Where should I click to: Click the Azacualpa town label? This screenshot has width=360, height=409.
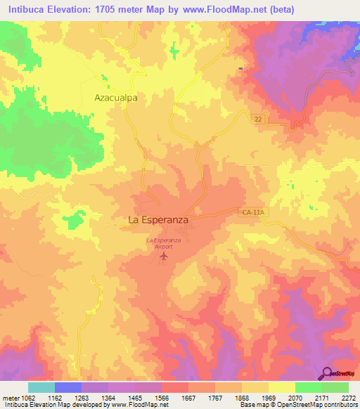(115, 99)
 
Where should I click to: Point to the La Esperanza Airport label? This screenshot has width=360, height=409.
(163, 244)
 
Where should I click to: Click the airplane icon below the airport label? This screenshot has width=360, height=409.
(164, 257)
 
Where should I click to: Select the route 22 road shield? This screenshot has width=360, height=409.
(259, 120)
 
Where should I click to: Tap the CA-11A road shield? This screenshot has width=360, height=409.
(250, 211)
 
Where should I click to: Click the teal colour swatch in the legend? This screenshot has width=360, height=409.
(41, 387)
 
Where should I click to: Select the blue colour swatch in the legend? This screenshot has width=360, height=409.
(68, 387)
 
